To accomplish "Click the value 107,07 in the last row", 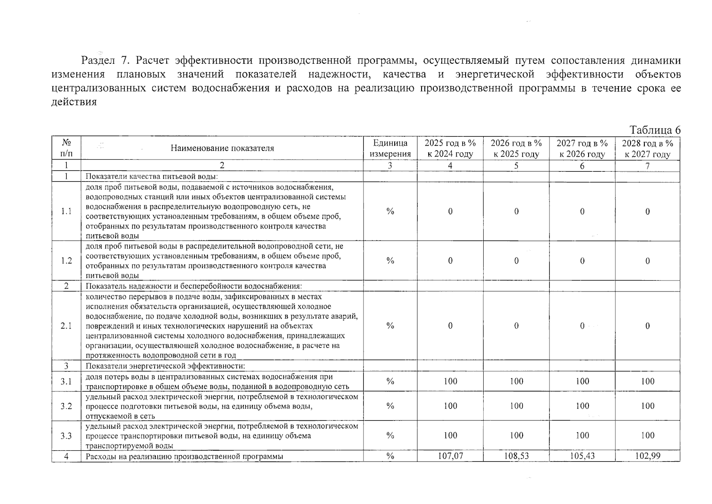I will (x=450, y=456).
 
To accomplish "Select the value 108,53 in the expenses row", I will (x=516, y=456).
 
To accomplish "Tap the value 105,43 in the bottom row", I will (x=582, y=456).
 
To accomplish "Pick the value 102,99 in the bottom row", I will (x=647, y=456).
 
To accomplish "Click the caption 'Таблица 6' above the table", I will (x=655, y=130).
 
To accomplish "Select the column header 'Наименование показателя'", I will (x=222, y=148).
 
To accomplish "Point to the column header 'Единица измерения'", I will (x=390, y=148).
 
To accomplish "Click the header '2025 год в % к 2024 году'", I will (x=450, y=148).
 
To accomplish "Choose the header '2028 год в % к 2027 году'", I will (x=647, y=148).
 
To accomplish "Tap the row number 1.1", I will (x=66, y=211).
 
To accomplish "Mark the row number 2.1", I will (x=66, y=325).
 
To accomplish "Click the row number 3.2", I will (x=66, y=406).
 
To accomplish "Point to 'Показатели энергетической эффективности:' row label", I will (x=165, y=366).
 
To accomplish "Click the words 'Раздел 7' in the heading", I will (x=105, y=61).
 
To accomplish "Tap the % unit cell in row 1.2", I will (x=390, y=260).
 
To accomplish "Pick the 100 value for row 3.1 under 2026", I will (x=516, y=381).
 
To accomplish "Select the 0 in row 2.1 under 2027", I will (x=582, y=325).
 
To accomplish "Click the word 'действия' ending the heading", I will (x=74, y=102).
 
